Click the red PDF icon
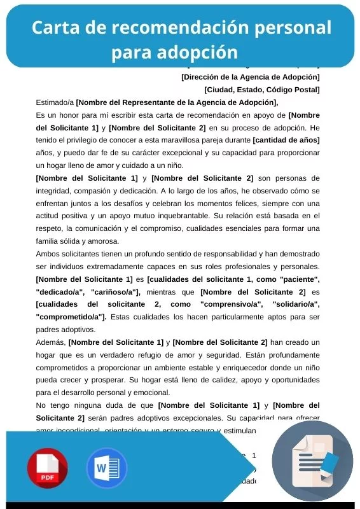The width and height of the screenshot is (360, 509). pos(47,468)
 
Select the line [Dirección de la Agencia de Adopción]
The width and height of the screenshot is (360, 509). pos(250,77)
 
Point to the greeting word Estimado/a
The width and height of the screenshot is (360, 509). pos(55,102)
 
